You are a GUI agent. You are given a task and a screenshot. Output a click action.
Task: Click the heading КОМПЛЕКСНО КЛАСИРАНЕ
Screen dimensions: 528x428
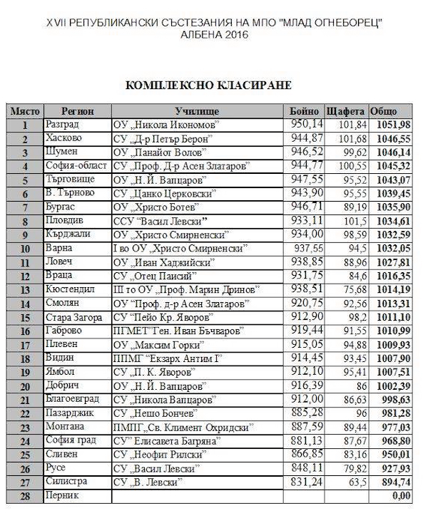click(208, 86)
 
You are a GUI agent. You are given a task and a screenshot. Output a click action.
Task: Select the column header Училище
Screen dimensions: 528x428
click(197, 111)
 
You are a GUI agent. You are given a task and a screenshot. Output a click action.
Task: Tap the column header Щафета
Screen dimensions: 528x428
click(345, 111)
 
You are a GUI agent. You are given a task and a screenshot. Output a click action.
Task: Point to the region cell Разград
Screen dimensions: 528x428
click(63, 125)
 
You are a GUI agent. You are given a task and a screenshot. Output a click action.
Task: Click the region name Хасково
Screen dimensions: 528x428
click(63, 138)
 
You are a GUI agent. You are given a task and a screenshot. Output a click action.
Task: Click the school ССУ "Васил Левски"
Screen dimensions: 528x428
click(156, 220)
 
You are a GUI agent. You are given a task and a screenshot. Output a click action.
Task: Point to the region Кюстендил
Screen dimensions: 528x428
click(69, 289)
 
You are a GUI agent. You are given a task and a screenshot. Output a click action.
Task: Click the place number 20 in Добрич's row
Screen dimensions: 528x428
click(24, 385)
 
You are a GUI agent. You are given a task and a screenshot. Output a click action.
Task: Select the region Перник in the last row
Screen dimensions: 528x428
click(61, 495)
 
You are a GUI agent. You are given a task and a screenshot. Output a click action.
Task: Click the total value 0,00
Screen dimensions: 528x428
click(401, 495)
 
